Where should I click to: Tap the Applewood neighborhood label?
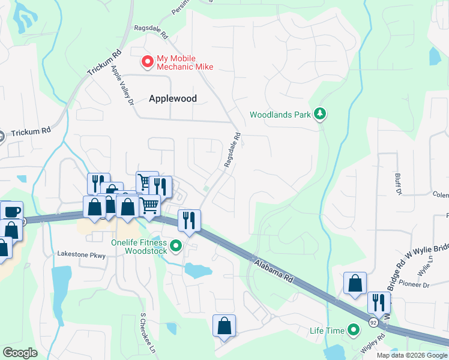coord(173,98)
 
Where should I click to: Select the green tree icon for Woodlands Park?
coord(321,113)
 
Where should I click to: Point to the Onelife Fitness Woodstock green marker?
coord(176,245)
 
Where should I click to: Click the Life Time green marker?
coord(354,330)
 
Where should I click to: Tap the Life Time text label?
coord(327,331)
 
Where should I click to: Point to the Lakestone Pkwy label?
coord(81,254)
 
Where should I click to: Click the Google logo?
coord(20,353)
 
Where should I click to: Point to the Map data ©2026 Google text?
coord(412,355)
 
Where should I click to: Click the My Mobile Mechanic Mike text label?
coord(185,62)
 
